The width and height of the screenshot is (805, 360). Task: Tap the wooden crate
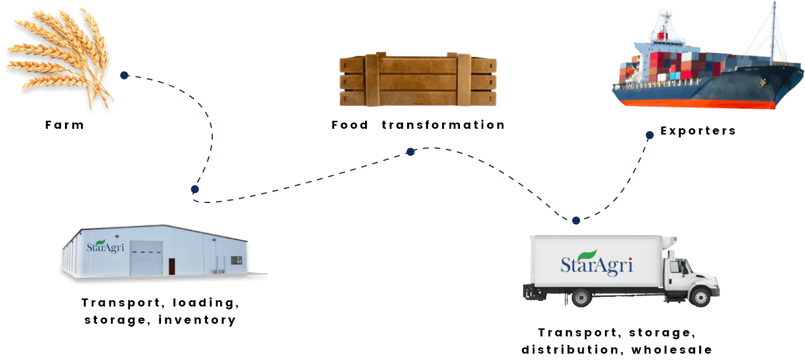(417, 81)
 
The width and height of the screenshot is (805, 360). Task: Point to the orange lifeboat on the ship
(630, 71)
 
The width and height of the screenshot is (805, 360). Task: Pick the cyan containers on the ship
(684, 75)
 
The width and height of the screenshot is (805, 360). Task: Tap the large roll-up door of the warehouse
(146, 258)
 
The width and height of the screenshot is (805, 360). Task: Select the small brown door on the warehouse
(171, 266)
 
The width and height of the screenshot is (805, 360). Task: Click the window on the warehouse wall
(236, 261)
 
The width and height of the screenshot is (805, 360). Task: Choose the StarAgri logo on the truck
(597, 265)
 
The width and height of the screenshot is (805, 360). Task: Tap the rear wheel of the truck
(581, 298)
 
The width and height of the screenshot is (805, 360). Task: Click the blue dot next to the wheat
(124, 75)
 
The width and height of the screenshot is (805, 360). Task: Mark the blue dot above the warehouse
(195, 189)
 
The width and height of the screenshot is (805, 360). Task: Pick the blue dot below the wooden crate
(410, 152)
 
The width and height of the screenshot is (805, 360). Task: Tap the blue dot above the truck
(576, 220)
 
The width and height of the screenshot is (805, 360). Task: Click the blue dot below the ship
(649, 135)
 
